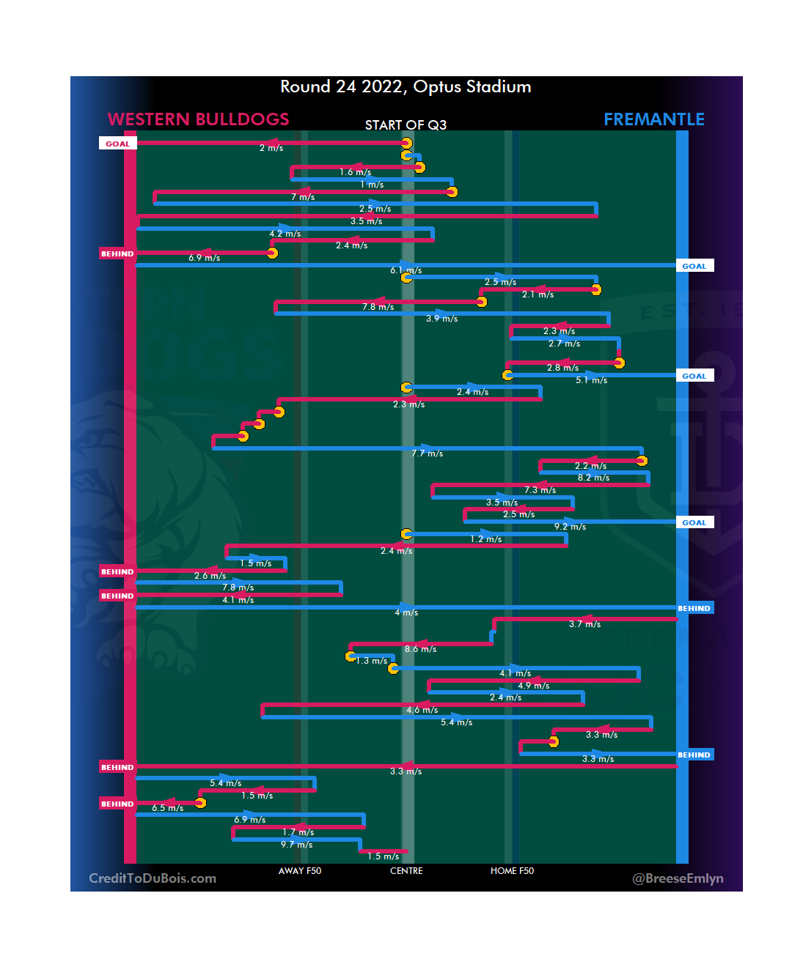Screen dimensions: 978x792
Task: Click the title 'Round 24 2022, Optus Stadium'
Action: click(406, 87)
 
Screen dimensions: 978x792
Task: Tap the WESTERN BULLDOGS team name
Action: click(198, 119)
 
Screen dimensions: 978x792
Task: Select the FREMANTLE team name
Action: click(653, 119)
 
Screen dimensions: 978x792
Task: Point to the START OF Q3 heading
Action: click(406, 125)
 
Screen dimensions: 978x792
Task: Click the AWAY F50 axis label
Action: click(299, 871)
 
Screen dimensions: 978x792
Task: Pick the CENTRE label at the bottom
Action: click(406, 871)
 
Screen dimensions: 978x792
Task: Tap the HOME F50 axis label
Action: click(512, 871)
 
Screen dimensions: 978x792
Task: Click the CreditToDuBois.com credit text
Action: click(153, 878)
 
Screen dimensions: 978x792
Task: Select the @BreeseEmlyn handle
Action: click(678, 878)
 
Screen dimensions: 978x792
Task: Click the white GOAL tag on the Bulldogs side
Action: click(117, 144)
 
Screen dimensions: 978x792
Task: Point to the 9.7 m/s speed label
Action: click(296, 845)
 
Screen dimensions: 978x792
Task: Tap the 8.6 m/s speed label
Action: click(420, 649)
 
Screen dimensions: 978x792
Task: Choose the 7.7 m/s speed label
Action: click(427, 453)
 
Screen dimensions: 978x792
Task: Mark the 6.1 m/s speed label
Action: click(406, 270)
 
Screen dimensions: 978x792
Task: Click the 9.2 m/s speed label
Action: click(570, 527)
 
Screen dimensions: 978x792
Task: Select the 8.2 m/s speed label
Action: click(593, 478)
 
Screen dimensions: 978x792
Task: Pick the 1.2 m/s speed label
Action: click(486, 539)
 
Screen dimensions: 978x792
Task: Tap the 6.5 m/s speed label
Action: click(168, 808)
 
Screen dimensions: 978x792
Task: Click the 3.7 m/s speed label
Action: click(584, 624)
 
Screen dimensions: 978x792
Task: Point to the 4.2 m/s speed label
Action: click(285, 234)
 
